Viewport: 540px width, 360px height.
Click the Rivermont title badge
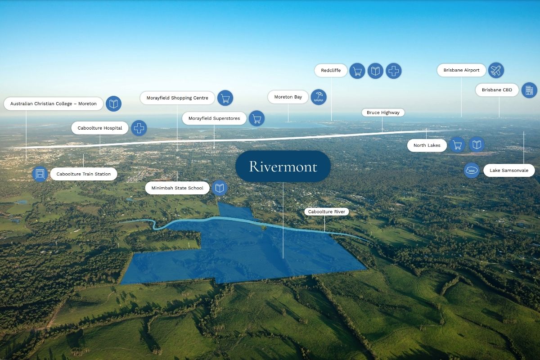pos(283,166)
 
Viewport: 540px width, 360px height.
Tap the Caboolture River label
pos(326,211)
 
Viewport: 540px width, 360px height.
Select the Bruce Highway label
pos(383,112)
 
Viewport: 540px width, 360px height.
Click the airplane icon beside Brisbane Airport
pos(496,70)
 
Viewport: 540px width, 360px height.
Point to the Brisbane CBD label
pos(497,90)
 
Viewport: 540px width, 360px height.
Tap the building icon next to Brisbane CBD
pos(529,90)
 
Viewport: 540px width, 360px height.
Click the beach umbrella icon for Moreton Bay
pos(319,97)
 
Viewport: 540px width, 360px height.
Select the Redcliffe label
pos(331,70)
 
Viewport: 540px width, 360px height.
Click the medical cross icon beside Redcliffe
pos(393,71)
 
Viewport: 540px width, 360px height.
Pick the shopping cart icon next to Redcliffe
pos(357,71)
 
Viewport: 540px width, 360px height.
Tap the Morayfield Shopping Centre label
pos(177,98)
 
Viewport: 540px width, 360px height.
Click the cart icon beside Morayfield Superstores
pos(256,118)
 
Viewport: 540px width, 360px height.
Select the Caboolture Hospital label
pos(100,128)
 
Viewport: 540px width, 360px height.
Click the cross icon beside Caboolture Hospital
pos(139,128)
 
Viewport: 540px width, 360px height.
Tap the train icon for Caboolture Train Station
pos(40,174)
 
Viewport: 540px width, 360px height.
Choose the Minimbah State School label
pos(177,188)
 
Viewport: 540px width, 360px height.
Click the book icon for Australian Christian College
pos(113,103)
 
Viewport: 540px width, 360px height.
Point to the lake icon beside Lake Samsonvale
pos(472,171)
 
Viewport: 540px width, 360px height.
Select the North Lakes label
pos(427,145)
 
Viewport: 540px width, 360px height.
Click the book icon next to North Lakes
pos(477,145)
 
